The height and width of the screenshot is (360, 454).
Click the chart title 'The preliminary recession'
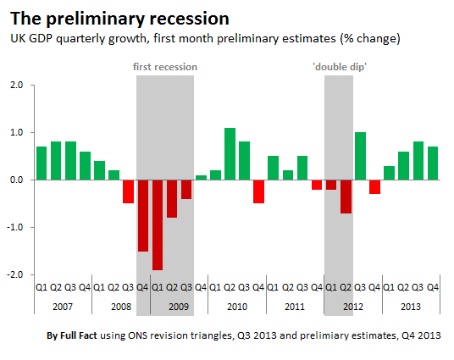point(119,19)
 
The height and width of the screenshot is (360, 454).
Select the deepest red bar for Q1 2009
point(158,225)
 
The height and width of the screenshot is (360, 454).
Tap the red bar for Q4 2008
point(143,216)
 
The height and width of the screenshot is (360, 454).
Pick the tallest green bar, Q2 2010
point(230,154)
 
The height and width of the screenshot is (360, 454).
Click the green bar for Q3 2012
point(360,156)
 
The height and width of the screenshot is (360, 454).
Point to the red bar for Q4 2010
point(258,191)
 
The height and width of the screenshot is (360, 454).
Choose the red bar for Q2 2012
point(346,197)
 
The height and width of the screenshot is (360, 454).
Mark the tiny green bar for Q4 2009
point(201,178)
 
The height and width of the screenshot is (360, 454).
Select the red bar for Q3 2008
point(128,191)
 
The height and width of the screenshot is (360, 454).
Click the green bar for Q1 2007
point(42,163)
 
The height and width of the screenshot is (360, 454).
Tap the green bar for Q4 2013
point(433,163)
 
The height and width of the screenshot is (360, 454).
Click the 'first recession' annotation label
point(165,67)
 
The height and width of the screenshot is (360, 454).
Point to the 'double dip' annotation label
point(340,67)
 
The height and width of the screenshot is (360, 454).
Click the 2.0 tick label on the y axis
point(16,86)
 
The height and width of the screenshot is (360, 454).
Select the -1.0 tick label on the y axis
point(15,227)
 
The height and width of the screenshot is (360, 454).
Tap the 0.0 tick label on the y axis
point(16,180)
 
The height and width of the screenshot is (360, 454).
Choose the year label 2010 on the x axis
point(237,307)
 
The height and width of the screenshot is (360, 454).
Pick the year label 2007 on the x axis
point(63,307)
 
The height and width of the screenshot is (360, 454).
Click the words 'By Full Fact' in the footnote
point(72,335)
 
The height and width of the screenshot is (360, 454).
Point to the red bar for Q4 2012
point(374,187)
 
